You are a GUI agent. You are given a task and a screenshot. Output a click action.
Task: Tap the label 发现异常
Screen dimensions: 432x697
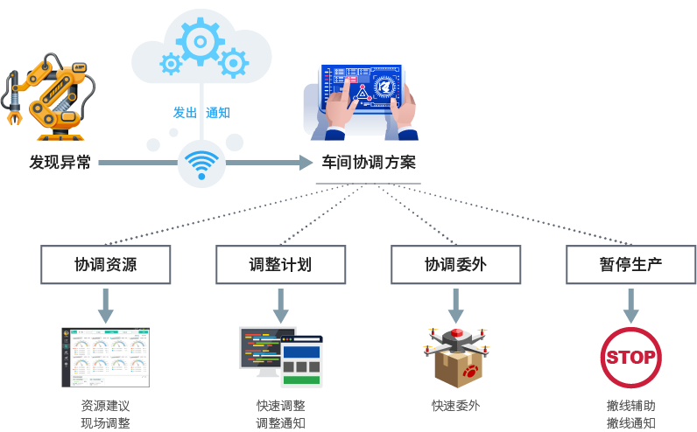coord(60,163)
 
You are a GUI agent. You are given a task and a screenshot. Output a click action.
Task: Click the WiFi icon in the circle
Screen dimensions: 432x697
coord(201,164)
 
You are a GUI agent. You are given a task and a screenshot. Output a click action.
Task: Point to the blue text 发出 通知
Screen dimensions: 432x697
coord(201,113)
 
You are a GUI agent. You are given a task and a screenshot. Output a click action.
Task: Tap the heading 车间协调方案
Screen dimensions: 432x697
coord(369,163)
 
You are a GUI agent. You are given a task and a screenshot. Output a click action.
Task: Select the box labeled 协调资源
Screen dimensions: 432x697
coord(105,264)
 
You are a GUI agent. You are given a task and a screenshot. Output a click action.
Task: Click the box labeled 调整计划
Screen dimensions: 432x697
coord(280,264)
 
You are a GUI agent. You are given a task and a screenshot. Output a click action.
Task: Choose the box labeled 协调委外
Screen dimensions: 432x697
coord(455,264)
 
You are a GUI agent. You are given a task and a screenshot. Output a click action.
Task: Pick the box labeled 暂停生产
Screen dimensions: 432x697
coord(630,264)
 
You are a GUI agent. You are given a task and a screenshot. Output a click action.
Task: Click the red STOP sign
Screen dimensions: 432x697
coord(630,358)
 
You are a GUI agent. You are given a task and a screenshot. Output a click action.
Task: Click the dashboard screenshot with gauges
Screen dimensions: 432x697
coord(105,357)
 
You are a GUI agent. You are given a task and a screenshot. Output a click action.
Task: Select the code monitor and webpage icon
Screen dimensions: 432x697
coord(280,357)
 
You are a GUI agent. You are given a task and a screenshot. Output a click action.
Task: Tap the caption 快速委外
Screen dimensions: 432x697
coord(455,406)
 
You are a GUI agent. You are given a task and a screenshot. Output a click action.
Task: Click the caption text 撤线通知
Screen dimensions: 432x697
coord(630,423)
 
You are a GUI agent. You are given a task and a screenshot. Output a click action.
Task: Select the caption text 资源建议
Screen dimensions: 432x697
coord(105,406)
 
